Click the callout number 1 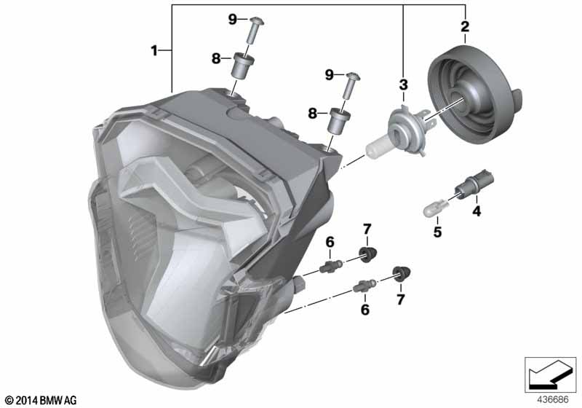154,50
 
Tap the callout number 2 465,26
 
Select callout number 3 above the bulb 404,85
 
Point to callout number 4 477,211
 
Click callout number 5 438,232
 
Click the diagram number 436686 553,400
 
